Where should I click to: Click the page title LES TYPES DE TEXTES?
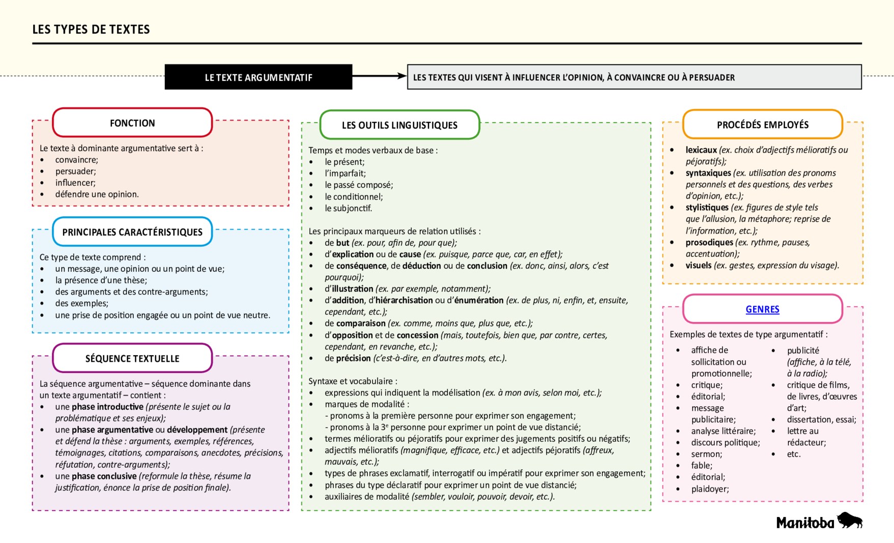[91, 30]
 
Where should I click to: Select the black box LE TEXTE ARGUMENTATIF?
[258, 77]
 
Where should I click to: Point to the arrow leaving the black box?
[379, 76]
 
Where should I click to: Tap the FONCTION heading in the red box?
[132, 123]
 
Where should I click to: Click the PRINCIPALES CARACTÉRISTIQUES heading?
[132, 232]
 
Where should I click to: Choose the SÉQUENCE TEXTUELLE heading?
[132, 359]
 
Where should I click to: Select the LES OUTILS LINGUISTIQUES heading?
[399, 125]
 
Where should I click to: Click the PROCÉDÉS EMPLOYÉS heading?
[762, 125]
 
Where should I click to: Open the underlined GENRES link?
[762, 309]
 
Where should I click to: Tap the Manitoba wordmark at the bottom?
[805, 523]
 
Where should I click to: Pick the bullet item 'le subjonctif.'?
[349, 209]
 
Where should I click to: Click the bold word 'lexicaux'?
[701, 150]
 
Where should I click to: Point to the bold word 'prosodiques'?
[709, 243]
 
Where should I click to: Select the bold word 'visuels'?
[698, 266]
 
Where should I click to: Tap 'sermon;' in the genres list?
[706, 454]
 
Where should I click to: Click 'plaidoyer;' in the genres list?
[710, 489]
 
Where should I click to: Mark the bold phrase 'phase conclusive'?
[104, 476]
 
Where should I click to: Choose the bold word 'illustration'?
[353, 289]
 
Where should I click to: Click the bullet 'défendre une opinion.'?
[97, 194]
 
